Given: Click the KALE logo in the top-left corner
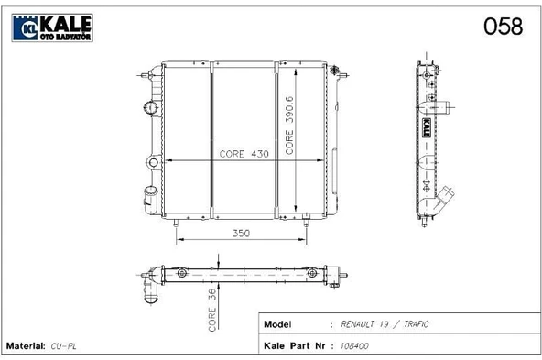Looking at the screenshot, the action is (52, 27).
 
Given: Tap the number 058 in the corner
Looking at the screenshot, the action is (503, 27).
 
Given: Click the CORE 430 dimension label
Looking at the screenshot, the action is (244, 154).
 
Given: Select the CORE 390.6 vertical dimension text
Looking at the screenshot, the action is (289, 125).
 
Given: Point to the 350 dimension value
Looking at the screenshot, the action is (241, 233).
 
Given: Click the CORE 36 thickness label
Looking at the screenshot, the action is (211, 311).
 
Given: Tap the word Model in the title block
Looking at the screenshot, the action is (277, 324).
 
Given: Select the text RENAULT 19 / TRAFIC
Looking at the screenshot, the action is (385, 324).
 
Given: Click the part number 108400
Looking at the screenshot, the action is (354, 346).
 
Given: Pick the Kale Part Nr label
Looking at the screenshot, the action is (294, 346).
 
